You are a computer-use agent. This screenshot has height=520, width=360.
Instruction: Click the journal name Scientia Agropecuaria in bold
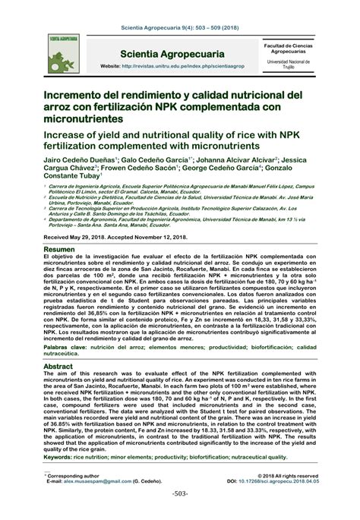click(172, 55)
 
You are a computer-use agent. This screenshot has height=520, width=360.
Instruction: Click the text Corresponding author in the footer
click(73, 475)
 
